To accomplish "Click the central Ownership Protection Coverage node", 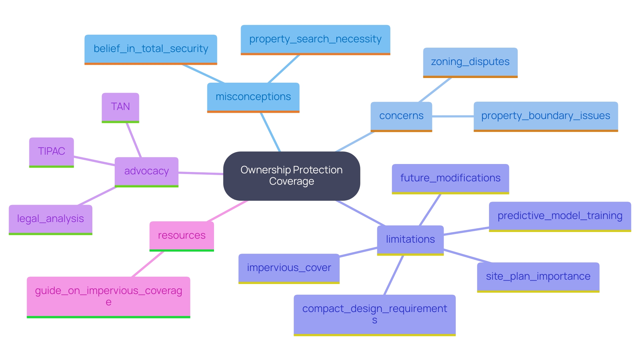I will tap(291, 176).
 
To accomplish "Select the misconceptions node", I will tap(253, 97).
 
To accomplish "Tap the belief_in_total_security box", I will tap(151, 49).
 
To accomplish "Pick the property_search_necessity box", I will tap(315, 39).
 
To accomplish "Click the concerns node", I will tap(401, 116).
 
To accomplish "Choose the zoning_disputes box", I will tap(470, 62).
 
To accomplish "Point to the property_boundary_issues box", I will tap(545, 116).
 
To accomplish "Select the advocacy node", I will tap(146, 171).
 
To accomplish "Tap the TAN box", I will tap(120, 107).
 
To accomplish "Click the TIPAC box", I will tap(51, 152).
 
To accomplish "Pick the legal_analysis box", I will tap(50, 219).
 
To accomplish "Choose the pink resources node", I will tap(182, 236).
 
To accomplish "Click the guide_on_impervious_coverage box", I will tap(108, 296).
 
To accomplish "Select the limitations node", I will tap(410, 240).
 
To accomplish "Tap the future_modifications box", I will tap(450, 178).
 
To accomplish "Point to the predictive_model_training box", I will tap(560, 216).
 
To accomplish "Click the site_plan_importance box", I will tap(538, 277).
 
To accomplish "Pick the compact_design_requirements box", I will tap(374, 314).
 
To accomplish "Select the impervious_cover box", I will tap(289, 268).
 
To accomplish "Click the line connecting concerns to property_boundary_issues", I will tap(453, 116).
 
